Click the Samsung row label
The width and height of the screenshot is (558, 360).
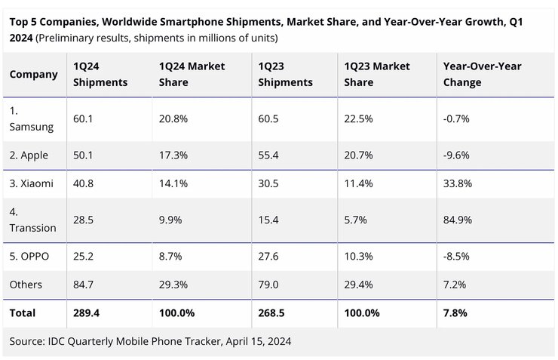pos(31,118)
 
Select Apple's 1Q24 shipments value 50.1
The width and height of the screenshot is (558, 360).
pos(84,155)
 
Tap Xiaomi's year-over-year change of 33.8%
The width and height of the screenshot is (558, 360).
pos(458,183)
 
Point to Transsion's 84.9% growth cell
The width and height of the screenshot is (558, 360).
pos(458,220)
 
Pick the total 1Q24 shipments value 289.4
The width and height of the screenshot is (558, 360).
pos(87,312)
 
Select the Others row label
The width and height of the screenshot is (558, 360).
pos(26,285)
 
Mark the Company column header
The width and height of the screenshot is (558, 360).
pos(34,74)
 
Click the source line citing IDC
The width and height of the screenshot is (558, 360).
pos(150,341)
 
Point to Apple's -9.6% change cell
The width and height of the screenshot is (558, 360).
pos(456,155)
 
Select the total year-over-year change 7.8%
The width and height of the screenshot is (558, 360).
pos(455,312)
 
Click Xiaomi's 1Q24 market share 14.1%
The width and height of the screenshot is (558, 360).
pos(173,183)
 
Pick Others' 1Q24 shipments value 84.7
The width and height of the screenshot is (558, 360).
pos(84,285)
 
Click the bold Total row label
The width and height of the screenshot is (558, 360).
pos(23,312)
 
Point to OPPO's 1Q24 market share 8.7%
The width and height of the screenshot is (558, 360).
pos(170,256)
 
